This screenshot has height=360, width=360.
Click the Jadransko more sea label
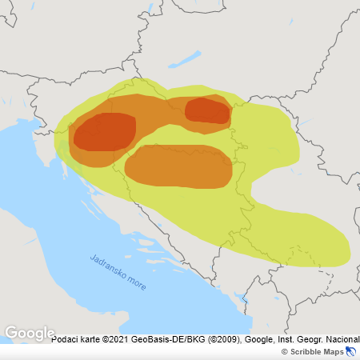tap(118, 273)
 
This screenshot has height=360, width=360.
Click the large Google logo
tap(30, 333)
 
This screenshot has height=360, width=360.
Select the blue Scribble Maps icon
tap(351, 351)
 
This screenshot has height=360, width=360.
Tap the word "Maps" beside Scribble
tap(334, 352)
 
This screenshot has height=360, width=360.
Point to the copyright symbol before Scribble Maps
tap(285, 352)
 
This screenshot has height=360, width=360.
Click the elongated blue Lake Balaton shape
tap(185, 59)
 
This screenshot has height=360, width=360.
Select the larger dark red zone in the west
tap(104, 132)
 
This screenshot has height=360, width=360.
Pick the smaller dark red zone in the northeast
tap(207, 110)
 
